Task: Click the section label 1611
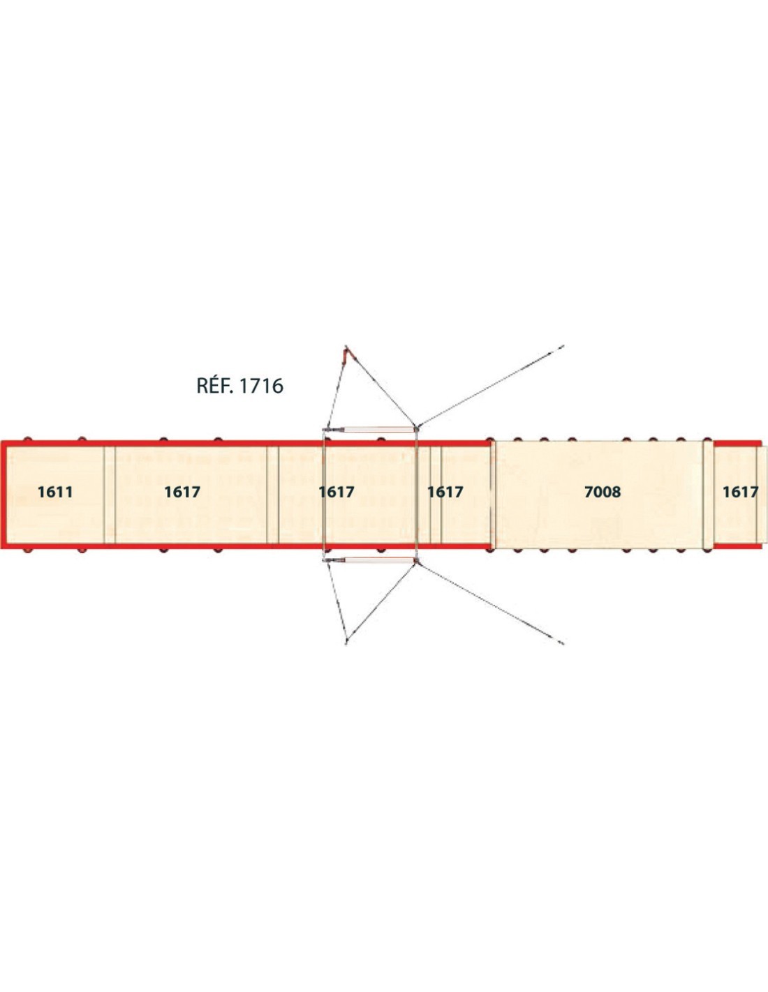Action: coord(55,492)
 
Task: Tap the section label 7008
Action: coord(603,492)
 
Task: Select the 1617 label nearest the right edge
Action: coord(741,492)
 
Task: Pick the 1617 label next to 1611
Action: coord(182,492)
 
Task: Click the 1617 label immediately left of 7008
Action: coord(445,492)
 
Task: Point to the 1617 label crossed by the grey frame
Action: coord(337,492)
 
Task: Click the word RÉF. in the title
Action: coord(215,385)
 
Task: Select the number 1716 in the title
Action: coord(261,386)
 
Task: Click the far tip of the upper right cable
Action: coord(563,346)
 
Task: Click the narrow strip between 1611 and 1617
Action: coord(110,495)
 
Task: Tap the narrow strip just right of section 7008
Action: coord(708,495)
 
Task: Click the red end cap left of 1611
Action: coord(3,495)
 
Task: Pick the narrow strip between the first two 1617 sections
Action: coord(273,495)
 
